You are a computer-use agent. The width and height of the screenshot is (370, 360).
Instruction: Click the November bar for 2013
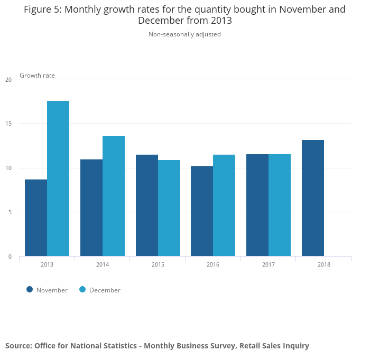(x=36, y=218)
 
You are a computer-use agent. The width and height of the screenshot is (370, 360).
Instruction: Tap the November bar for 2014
(x=91, y=208)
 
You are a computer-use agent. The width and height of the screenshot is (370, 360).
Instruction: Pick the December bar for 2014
(x=114, y=196)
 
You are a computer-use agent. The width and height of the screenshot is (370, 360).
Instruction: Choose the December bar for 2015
(x=169, y=208)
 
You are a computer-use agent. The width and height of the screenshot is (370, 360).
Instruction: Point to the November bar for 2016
(x=202, y=211)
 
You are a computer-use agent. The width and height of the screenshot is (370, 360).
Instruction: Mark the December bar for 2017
(x=280, y=205)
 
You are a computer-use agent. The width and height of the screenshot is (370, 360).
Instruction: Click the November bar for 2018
(x=313, y=198)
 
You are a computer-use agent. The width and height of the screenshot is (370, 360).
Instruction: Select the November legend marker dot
(x=30, y=289)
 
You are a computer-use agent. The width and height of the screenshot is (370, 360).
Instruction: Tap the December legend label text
(x=105, y=290)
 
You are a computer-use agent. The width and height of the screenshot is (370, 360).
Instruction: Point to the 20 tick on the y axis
(x=8, y=80)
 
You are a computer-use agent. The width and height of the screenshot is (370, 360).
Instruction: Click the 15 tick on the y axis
(x=8, y=124)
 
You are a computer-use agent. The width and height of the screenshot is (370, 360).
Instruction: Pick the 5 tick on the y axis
(x=10, y=212)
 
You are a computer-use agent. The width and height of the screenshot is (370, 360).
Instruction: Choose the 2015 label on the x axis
(x=158, y=264)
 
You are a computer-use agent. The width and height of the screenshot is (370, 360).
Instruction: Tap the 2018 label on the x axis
(x=324, y=264)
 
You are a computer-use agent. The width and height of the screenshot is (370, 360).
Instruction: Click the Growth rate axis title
(x=37, y=75)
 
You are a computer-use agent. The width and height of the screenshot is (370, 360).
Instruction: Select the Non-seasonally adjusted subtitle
(x=184, y=34)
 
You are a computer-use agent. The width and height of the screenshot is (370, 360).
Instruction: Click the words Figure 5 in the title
(x=42, y=10)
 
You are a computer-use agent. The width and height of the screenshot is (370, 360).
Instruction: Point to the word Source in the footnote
(x=18, y=346)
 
